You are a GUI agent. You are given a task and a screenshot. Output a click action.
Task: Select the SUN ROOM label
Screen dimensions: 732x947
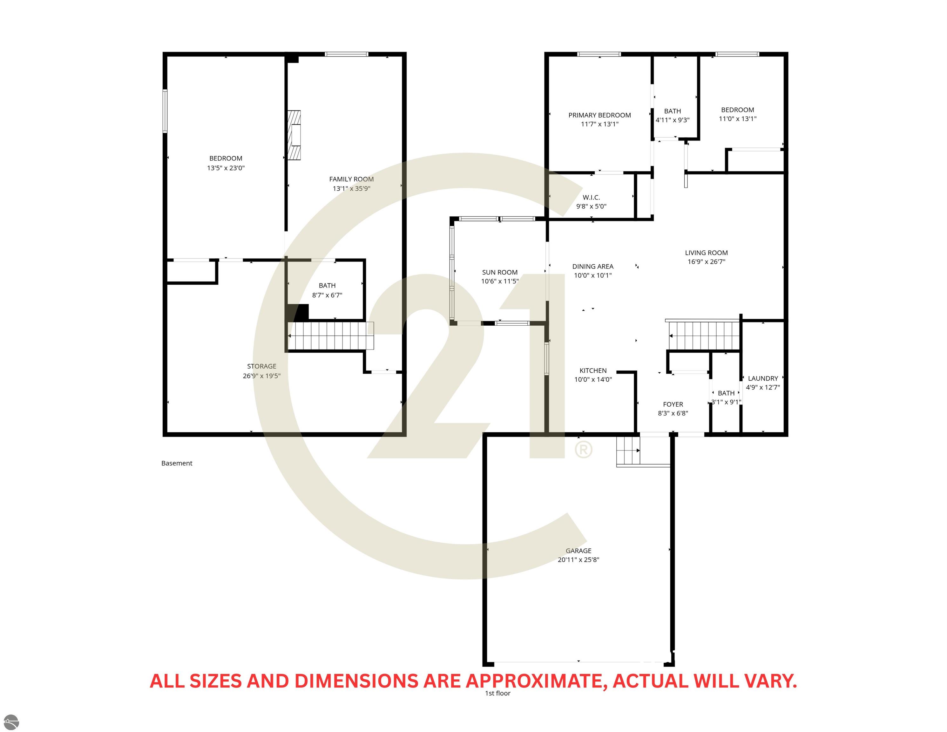(x=499, y=272)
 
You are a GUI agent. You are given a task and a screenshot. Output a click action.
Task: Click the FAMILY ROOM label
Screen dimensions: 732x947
(x=351, y=179)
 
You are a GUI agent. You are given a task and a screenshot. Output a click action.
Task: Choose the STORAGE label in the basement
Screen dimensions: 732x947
(x=261, y=366)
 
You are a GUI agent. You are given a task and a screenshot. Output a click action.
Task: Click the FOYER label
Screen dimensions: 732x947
(x=673, y=404)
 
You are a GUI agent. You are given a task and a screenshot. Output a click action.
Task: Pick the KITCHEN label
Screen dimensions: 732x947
(x=593, y=371)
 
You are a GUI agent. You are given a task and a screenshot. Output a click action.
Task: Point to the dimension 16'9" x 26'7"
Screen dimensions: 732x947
(x=706, y=261)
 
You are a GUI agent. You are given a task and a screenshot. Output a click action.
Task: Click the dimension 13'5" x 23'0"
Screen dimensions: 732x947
(x=226, y=168)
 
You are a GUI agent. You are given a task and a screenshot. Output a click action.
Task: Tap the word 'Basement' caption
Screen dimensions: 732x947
(x=177, y=463)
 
